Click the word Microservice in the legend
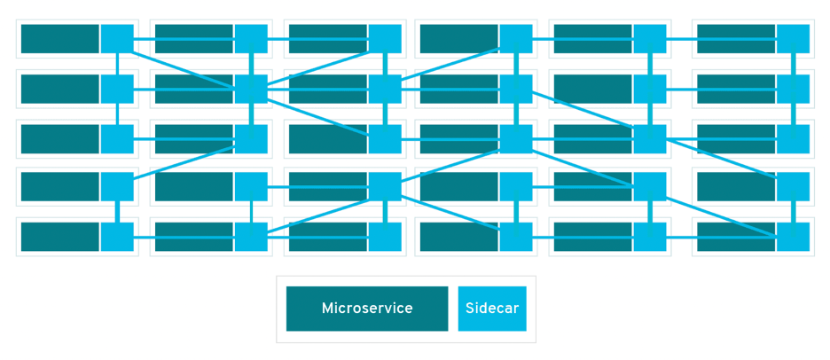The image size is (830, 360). [367, 309]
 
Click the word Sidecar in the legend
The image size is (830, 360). [492, 309]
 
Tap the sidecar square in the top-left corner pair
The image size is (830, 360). [117, 39]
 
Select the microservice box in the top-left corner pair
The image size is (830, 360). [59, 39]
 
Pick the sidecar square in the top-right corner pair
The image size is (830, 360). [793, 39]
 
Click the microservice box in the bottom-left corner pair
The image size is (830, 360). [59, 237]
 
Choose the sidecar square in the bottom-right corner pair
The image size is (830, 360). [793, 237]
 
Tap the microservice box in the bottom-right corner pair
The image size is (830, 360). [736, 237]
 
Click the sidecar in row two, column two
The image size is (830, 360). [251, 89]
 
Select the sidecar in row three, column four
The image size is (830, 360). [516, 138]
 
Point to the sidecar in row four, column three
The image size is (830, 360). [384, 186]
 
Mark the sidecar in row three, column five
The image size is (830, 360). [649, 138]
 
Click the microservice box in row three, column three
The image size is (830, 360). [327, 138]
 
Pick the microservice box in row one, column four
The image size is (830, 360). [458, 39]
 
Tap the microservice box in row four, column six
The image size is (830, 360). [736, 186]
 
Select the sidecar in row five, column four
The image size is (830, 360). [516, 237]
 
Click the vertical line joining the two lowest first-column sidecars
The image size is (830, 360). [117, 212]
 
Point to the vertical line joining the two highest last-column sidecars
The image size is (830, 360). [793, 64]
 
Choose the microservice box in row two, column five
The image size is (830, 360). [592, 89]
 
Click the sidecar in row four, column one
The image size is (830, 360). [117, 186]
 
